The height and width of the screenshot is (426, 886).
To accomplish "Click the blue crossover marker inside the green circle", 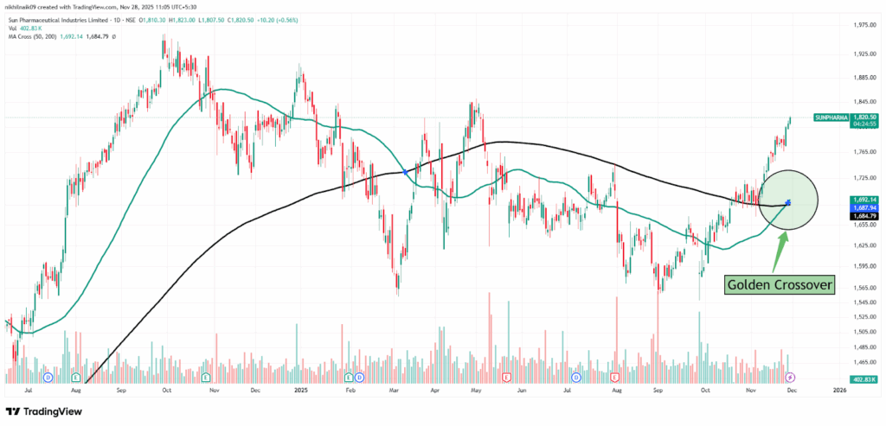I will point(787,203).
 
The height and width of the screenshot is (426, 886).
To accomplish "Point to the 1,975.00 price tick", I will point(862,25).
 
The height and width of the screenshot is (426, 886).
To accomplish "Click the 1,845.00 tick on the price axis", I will point(862,100).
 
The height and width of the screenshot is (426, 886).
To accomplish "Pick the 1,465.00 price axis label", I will point(862,362).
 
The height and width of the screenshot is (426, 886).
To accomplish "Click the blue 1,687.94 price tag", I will point(862,207).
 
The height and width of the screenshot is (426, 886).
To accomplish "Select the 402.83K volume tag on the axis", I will point(862,379).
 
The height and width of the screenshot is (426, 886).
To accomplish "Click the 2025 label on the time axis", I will point(300,390).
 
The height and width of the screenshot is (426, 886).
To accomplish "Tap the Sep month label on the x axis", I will point(121,390).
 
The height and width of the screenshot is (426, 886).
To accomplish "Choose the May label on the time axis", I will point(475,390).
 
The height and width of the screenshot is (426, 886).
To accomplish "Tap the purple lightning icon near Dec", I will point(789,378).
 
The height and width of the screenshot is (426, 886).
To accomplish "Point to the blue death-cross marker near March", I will point(406,174).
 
